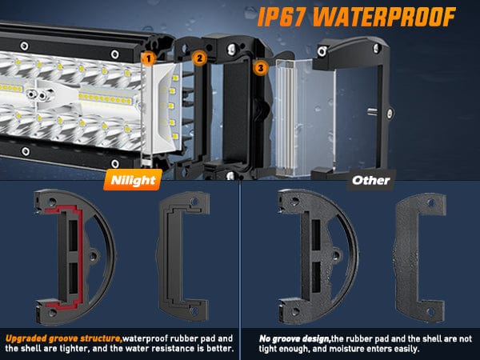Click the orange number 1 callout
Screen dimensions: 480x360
(x=149, y=58)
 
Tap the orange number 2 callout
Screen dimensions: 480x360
(x=199, y=58)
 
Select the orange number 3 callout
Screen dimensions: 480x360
(x=261, y=68)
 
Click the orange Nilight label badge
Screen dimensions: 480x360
(x=133, y=180)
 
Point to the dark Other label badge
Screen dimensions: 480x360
(x=371, y=180)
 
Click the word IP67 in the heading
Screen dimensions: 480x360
(x=282, y=17)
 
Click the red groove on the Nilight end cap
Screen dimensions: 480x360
(x=80, y=256)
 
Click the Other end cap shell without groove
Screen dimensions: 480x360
(x=306, y=257)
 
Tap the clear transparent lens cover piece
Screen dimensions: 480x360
(x=305, y=118)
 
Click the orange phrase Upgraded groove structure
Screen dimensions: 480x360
(x=64, y=338)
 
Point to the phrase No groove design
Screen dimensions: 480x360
(x=294, y=338)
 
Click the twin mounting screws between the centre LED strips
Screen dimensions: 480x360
(x=37, y=95)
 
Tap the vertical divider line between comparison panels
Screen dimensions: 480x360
(x=240, y=254)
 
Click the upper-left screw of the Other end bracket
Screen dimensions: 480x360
(x=322, y=51)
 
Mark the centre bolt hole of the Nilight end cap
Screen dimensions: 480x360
(x=93, y=256)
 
